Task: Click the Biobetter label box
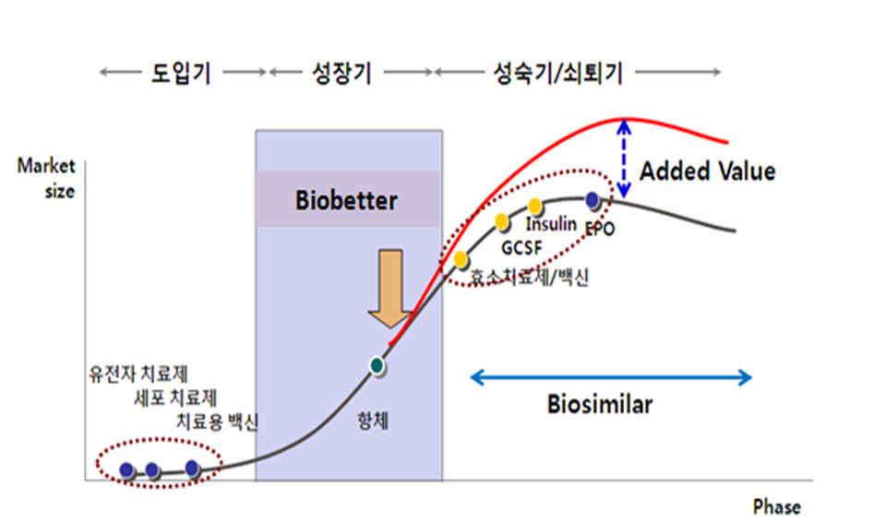pyautogui.click(x=348, y=200)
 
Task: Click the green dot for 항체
pyautogui.click(x=376, y=365)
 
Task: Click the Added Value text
pyautogui.click(x=707, y=172)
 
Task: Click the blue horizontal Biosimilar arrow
pyautogui.click(x=611, y=376)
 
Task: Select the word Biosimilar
pyautogui.click(x=599, y=405)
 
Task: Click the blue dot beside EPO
pyautogui.click(x=592, y=198)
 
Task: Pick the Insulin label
pyautogui.click(x=551, y=224)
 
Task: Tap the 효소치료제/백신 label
pyautogui.click(x=528, y=277)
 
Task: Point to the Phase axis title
pyautogui.click(x=776, y=506)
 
